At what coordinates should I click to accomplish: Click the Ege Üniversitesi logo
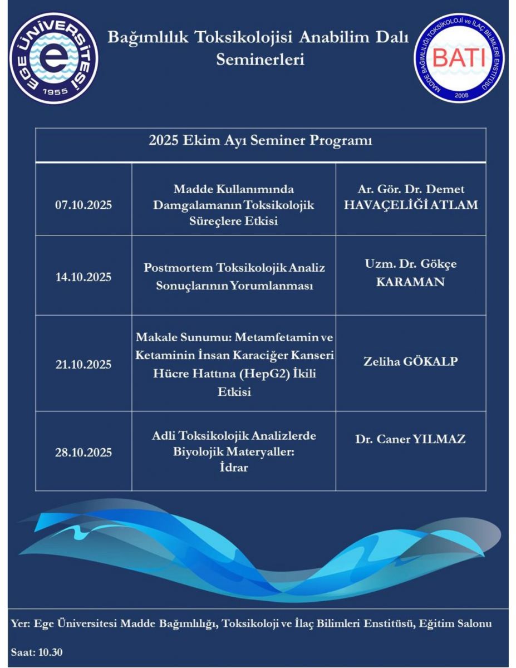click(x=55, y=57)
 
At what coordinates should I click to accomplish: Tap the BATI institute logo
click(x=459, y=57)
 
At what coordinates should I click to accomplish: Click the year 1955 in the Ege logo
click(x=55, y=91)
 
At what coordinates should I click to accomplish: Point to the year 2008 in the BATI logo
click(x=461, y=95)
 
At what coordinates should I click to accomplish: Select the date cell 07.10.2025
click(x=83, y=205)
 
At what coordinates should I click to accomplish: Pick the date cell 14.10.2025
click(x=83, y=277)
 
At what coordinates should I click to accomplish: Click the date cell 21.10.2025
click(x=83, y=365)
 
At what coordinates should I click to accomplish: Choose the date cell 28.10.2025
click(x=83, y=452)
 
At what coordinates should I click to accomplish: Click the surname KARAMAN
click(x=410, y=282)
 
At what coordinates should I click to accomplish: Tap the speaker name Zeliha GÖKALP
click(x=410, y=362)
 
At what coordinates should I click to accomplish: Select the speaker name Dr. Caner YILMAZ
click(x=410, y=439)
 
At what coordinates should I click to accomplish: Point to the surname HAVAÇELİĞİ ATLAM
click(x=410, y=204)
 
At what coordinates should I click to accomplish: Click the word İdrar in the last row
click(x=234, y=468)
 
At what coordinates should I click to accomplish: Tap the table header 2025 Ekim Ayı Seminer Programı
click(x=260, y=141)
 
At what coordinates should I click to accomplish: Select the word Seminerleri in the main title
click(x=260, y=59)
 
